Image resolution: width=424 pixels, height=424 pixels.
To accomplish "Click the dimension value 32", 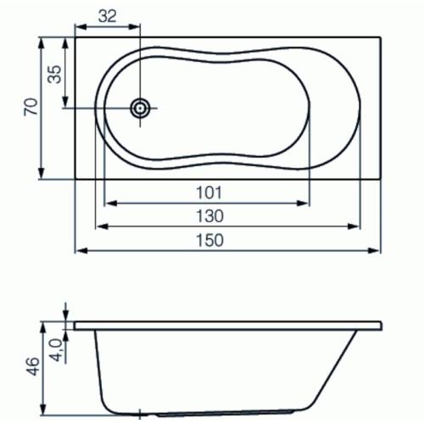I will (106, 16).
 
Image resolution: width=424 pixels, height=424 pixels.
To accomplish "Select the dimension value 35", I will (54, 74).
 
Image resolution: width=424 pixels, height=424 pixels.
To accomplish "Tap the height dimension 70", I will (31, 108).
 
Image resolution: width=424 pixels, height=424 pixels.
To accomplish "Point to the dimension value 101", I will (207, 192).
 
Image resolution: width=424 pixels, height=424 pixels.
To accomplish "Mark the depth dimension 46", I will (31, 367).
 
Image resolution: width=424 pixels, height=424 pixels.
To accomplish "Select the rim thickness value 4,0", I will (55, 348).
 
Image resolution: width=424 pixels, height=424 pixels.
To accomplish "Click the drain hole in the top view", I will (140, 108).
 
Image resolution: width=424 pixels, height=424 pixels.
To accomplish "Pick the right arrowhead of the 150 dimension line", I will (377, 252).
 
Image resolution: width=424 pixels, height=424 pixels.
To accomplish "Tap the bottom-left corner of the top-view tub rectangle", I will (75, 179).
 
